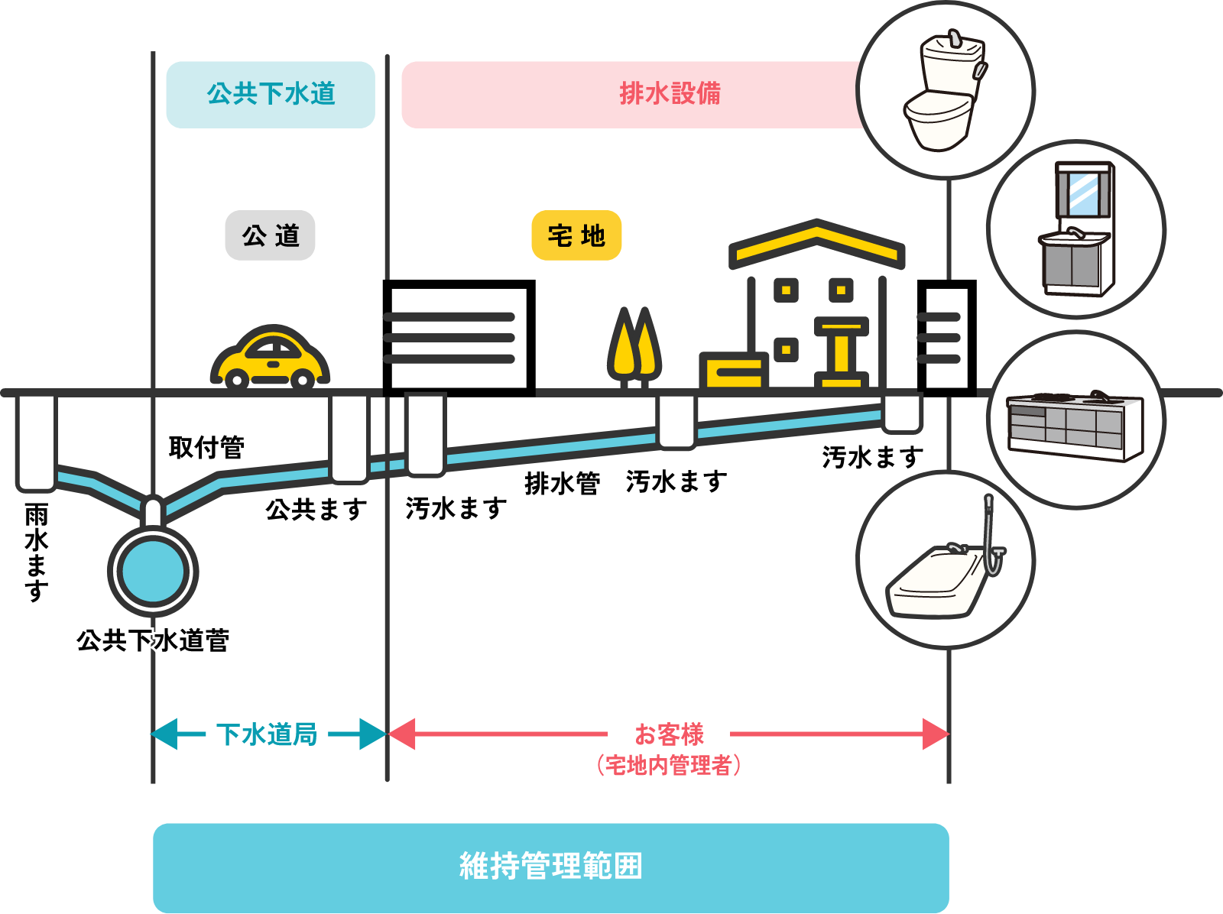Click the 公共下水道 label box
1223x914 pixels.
pyautogui.click(x=271, y=94)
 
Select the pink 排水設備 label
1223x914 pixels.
pyautogui.click(x=670, y=94)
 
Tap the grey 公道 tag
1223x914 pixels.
pyautogui.click(x=270, y=235)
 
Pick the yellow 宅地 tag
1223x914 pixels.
pyautogui.click(x=576, y=235)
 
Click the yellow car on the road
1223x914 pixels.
pyautogui.click(x=269, y=357)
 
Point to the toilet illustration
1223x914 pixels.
pyautogui.click(x=945, y=91)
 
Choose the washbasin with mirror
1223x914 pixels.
pyautogui.click(x=1076, y=229)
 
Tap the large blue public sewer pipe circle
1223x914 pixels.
pyautogui.click(x=153, y=571)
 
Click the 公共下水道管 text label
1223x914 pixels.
pyautogui.click(x=153, y=640)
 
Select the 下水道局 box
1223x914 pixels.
pyautogui.click(x=267, y=734)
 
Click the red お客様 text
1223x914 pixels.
pyautogui.click(x=669, y=734)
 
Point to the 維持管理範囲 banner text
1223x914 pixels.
pyautogui.click(x=550, y=867)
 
